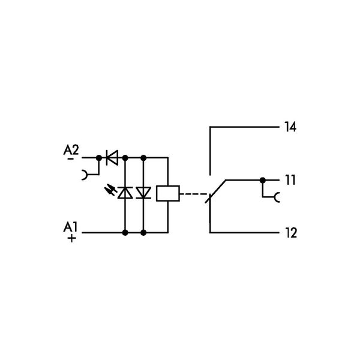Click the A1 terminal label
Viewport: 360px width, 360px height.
tap(71, 226)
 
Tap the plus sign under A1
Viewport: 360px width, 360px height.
tap(71, 238)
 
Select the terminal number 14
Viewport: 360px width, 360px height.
tap(290, 127)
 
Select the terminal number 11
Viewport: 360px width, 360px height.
tap(290, 180)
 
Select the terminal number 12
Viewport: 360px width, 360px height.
tap(290, 232)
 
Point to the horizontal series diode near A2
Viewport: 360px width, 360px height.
tap(111, 158)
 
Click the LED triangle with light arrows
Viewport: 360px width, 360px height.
tap(125, 193)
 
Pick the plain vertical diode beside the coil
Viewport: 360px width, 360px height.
tap(143, 193)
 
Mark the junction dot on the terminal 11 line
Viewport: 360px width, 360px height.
tap(262, 179)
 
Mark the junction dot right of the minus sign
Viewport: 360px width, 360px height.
tap(98, 158)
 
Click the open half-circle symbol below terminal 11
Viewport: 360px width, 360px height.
tap(277, 196)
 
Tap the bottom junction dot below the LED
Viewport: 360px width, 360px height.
tap(125, 232)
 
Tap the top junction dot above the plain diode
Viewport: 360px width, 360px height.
tap(143, 158)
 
